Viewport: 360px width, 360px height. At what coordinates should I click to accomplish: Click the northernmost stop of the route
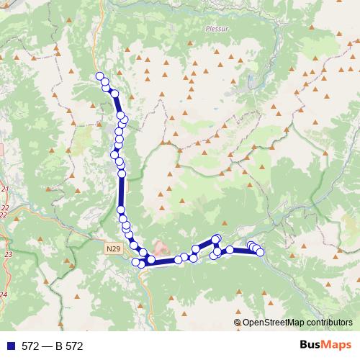click(x=99, y=76)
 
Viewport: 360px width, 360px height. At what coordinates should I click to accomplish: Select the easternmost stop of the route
click(x=260, y=251)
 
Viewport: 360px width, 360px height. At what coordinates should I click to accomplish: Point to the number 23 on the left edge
click(x=9, y=255)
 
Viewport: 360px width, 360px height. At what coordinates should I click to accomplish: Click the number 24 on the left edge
click(x=3, y=294)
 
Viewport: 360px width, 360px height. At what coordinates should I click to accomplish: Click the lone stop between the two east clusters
click(x=230, y=250)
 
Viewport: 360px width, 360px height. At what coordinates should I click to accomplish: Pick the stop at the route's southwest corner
click(x=135, y=261)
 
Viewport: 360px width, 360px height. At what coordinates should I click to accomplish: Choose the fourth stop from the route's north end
click(x=114, y=94)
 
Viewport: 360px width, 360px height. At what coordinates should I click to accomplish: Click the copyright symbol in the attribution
click(x=238, y=323)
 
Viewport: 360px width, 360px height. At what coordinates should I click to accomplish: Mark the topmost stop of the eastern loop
click(x=216, y=238)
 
